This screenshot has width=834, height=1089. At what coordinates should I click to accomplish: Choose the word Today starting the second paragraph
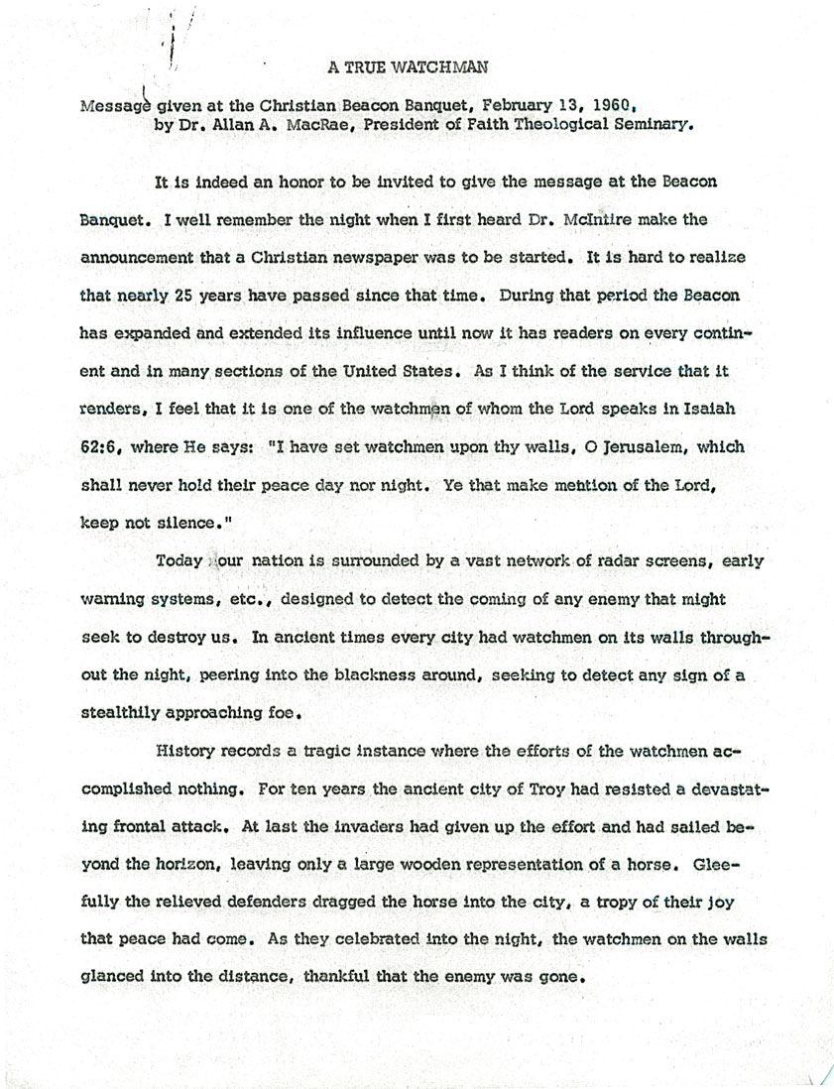pyautogui.click(x=180, y=561)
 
